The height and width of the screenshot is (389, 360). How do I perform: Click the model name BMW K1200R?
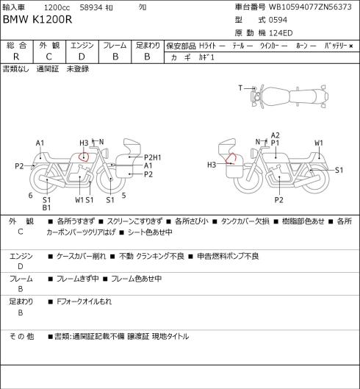(37, 20)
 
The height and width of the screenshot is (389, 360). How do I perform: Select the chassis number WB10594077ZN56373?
(310, 7)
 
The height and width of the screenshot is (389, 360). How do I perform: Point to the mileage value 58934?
(91, 7)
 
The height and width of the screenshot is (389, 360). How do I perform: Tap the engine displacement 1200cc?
(57, 7)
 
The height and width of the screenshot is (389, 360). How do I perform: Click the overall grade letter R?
(16, 57)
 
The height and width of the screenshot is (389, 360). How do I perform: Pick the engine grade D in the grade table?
(82, 57)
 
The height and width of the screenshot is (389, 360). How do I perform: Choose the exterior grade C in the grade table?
(48, 57)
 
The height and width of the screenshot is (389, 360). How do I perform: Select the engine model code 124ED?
(281, 33)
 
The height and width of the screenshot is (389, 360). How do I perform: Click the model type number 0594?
(278, 20)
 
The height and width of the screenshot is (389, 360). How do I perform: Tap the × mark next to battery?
(351, 46)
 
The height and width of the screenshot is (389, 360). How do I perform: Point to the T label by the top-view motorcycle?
(240, 88)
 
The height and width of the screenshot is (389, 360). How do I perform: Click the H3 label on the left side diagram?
(84, 143)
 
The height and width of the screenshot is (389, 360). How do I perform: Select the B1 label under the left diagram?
(46, 207)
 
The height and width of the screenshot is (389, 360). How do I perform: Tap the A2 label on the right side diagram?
(276, 135)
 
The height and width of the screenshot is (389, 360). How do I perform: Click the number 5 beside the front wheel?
(123, 196)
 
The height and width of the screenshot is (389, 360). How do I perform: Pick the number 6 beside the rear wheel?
(30, 196)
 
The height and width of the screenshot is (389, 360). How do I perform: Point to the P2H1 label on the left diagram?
(153, 157)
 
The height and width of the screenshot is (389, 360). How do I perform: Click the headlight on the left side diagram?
(106, 152)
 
